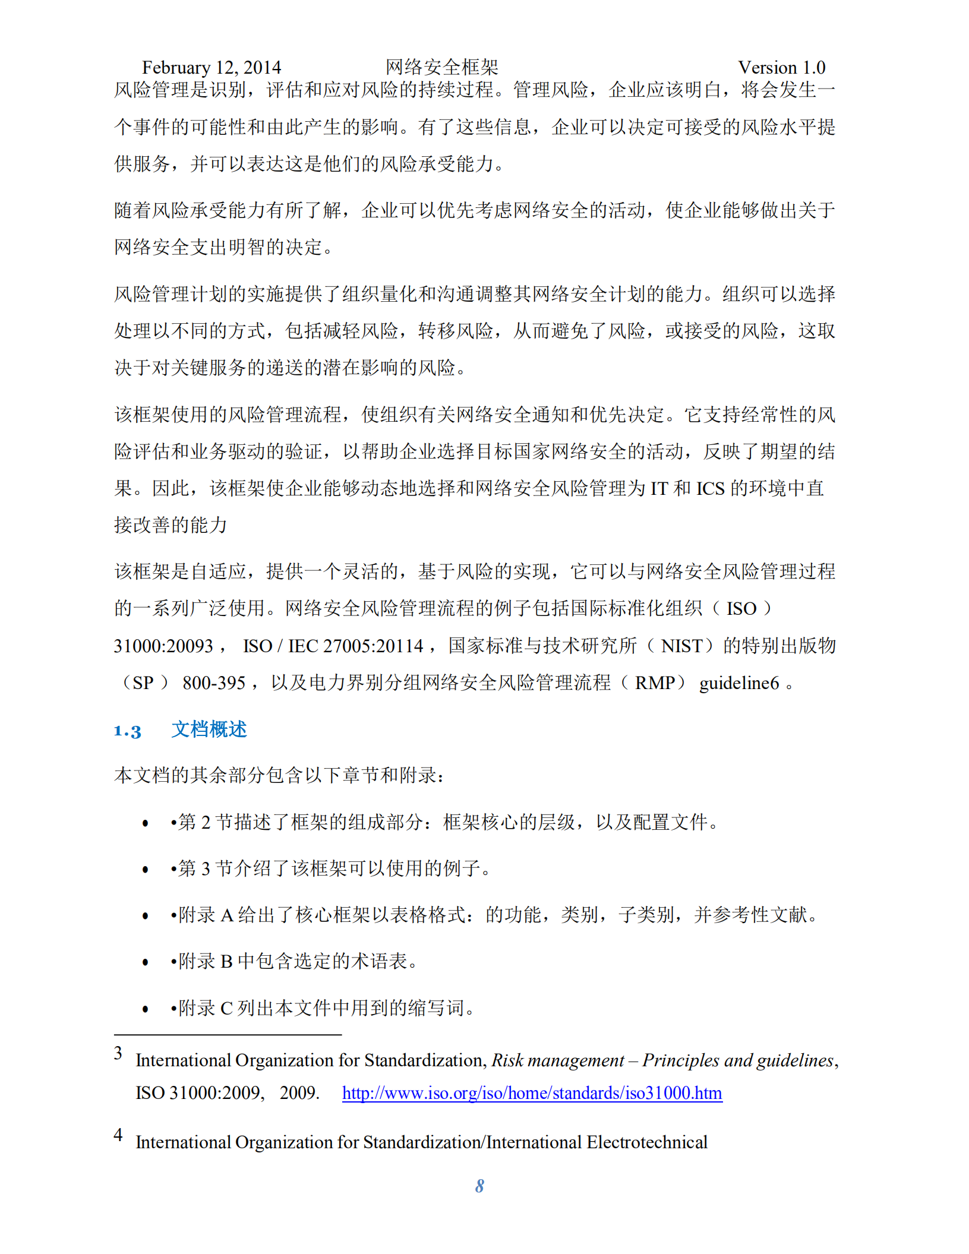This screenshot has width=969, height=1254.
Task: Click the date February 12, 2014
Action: tap(211, 68)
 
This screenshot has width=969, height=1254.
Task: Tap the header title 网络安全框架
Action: tap(441, 67)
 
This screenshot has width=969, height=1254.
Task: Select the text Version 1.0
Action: tap(781, 68)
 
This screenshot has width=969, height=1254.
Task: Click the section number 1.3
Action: tap(127, 731)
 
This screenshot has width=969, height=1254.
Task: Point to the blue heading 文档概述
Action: tap(209, 729)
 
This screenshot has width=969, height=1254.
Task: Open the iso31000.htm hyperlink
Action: tap(532, 1093)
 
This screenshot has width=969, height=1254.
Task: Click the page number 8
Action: tap(479, 1186)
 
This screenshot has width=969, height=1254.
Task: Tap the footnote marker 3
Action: tap(118, 1053)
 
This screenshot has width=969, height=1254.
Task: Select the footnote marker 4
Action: tap(118, 1135)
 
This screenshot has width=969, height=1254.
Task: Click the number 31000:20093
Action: tap(163, 646)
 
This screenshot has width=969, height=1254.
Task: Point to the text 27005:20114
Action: tap(373, 646)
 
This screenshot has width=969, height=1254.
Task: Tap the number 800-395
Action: tap(214, 683)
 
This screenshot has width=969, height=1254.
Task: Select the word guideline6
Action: tap(738, 683)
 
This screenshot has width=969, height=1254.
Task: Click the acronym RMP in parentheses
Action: tap(654, 683)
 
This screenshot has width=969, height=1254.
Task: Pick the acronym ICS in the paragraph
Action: tap(710, 488)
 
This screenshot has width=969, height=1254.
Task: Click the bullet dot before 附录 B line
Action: tap(146, 962)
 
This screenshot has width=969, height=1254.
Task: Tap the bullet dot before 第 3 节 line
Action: tap(146, 870)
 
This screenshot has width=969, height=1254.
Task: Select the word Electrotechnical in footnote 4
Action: tap(647, 1142)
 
